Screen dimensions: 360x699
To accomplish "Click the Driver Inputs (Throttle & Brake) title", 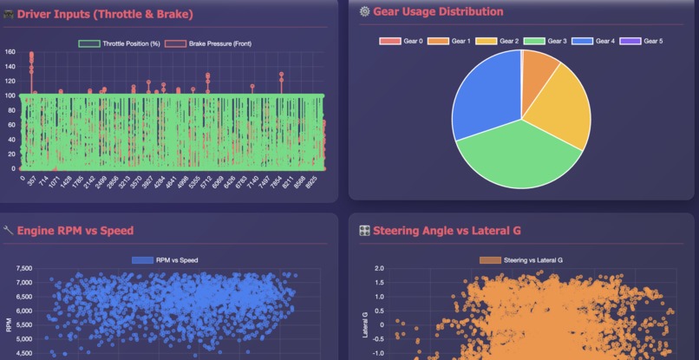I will [105, 14].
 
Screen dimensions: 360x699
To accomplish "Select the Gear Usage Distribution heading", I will [437, 12].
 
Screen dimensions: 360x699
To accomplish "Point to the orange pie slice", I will [539, 69].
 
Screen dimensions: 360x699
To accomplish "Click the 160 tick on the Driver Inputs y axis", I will [10, 52].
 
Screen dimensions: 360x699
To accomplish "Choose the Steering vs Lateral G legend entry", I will [520, 259].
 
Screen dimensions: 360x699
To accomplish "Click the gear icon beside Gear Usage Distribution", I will [364, 12].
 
